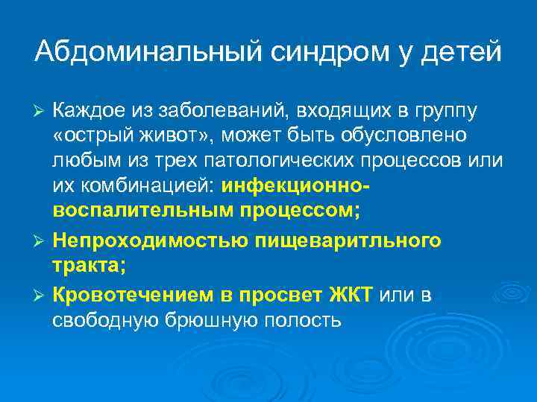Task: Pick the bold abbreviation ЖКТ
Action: click(x=351, y=295)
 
